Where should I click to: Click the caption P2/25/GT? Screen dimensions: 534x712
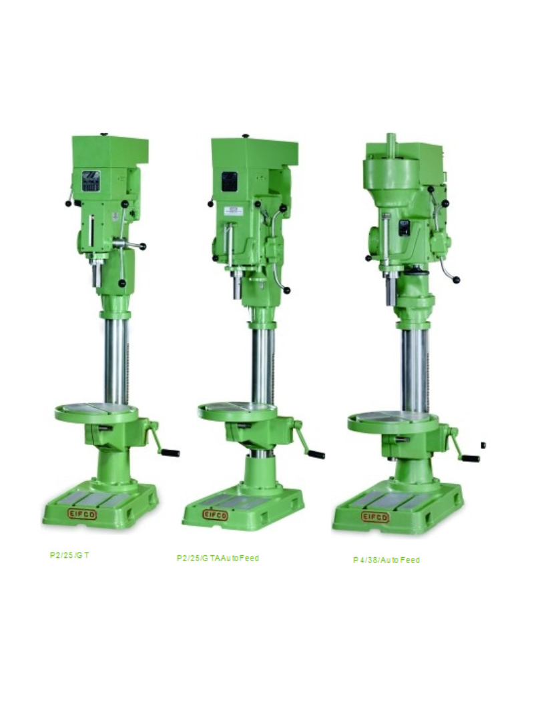pyautogui.click(x=69, y=555)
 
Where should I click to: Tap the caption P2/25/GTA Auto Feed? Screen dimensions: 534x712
pyautogui.click(x=218, y=558)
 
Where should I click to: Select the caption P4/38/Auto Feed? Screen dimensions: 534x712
pyautogui.click(x=386, y=560)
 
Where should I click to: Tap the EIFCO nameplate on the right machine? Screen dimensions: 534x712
pyautogui.click(x=375, y=516)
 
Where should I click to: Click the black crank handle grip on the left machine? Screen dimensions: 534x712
pyautogui.click(x=171, y=452)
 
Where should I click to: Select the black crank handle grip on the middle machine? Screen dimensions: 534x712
pyautogui.click(x=316, y=454)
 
